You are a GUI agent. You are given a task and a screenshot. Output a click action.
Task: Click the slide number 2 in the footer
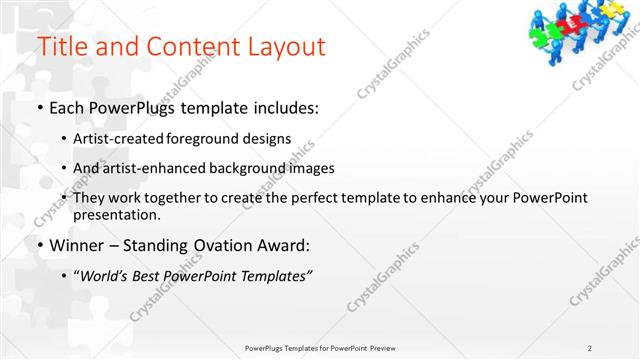[590, 348]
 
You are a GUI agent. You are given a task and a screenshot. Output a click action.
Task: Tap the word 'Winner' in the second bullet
[77, 245]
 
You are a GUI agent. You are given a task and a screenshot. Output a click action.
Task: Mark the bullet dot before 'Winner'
[39, 246]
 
